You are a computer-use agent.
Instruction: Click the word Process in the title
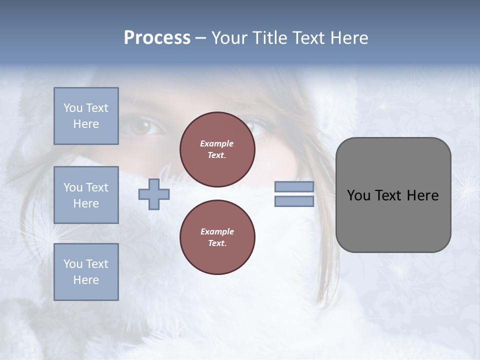[157, 38]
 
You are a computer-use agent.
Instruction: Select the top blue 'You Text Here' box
[86, 116]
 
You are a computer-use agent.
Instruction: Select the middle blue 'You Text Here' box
[86, 195]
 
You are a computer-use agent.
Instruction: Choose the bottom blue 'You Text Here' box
[86, 271]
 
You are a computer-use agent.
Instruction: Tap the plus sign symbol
[153, 194]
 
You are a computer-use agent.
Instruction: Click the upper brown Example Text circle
[217, 149]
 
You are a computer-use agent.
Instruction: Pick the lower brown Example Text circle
[217, 237]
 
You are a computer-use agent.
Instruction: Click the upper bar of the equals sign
[294, 187]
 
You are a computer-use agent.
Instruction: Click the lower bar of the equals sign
[294, 201]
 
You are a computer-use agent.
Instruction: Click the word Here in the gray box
[422, 195]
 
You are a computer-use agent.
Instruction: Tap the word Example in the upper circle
[216, 143]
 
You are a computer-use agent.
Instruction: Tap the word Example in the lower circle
[216, 231]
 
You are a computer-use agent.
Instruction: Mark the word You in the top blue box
[72, 108]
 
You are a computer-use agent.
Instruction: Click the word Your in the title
[229, 38]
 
